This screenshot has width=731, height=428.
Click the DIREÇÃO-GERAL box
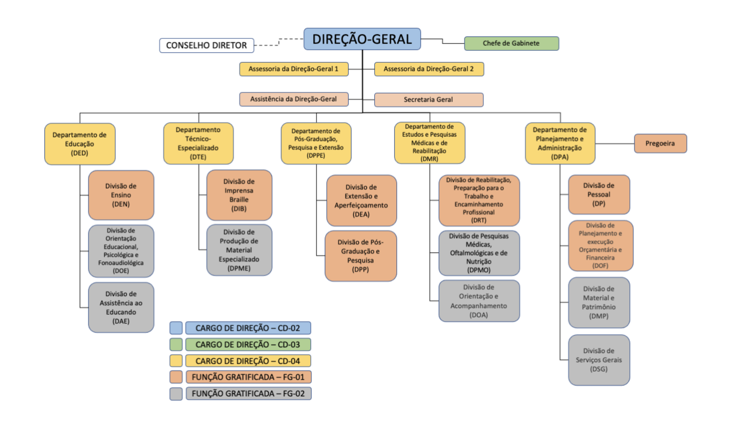pos(362,39)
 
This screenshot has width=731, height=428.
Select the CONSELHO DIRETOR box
pos(207,45)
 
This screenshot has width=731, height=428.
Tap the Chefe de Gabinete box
pos(511,43)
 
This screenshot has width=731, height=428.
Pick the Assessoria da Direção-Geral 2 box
pos(429,69)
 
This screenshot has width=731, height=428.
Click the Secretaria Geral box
pos(429,100)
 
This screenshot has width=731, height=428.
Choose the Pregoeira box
pos(660,144)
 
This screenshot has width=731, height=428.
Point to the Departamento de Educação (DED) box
pos(79,144)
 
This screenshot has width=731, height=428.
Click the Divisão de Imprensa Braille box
pos(239,195)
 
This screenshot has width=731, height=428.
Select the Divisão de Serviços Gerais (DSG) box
pos(599,360)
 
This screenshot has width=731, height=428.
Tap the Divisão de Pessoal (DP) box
pos(599,194)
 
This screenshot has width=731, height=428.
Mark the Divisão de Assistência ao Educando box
pos(121,307)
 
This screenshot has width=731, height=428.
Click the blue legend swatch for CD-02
pos(176,328)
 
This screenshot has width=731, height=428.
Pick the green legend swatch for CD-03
pos(176,344)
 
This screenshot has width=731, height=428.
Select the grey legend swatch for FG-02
pos(176,394)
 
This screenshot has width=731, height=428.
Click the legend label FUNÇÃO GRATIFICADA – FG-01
pos(248,377)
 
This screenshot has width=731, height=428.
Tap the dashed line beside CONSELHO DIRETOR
pos(267,45)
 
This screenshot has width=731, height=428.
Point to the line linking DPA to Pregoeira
pos(614,144)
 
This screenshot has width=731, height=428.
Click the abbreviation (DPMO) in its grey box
pos(479,270)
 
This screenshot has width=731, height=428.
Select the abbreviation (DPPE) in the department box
pos(316,156)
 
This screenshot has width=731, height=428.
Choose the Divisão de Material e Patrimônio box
pos(599,302)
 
